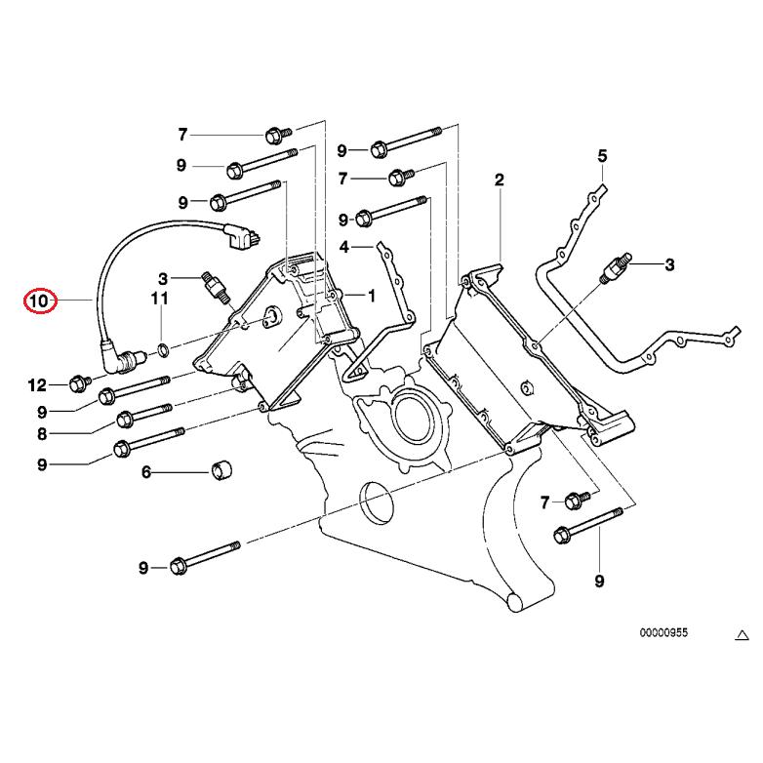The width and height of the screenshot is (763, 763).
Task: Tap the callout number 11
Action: tap(159, 299)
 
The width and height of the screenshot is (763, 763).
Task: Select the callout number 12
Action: tap(36, 385)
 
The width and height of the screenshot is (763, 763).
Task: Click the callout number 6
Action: tap(146, 473)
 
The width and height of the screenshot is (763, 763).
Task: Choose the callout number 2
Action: tap(499, 180)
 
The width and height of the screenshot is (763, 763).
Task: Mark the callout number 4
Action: tap(343, 247)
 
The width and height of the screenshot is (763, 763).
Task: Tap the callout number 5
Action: tap(602, 156)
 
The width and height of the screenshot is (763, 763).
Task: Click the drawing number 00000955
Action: tap(663, 632)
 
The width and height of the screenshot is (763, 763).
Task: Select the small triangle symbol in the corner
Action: tap(741, 635)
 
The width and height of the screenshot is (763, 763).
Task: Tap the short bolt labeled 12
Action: tap(80, 384)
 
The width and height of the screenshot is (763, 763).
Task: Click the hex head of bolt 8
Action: tap(124, 421)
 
